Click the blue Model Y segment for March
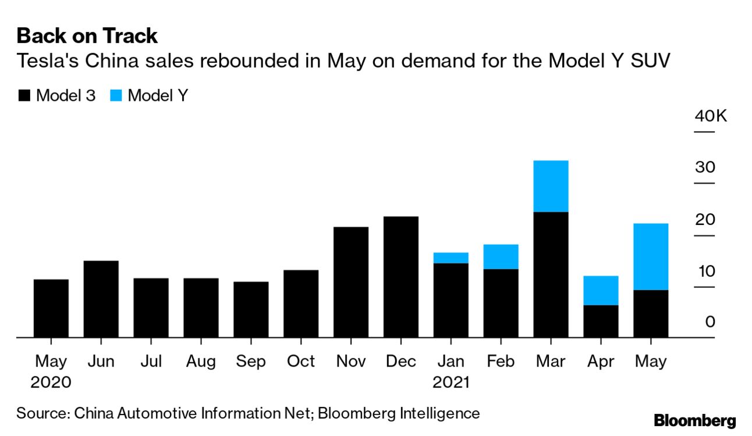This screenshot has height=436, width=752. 551,186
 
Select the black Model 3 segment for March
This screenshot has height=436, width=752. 551,274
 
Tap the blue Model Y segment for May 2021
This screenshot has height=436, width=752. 651,256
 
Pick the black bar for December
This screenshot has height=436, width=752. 401,277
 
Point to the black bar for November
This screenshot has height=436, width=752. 351,282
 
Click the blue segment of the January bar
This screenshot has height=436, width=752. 451,258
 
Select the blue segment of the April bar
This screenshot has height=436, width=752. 601,290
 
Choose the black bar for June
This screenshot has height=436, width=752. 101,299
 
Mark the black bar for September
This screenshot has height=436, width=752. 251,310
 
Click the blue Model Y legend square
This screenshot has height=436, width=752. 115,96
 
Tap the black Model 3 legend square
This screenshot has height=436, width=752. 24,96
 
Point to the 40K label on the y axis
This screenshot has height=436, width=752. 711,116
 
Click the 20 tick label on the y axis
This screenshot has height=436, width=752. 705,220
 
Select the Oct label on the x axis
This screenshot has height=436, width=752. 301,361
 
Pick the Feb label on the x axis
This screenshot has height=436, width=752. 501,361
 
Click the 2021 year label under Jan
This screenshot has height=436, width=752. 451,383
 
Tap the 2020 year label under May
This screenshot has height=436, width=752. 51,383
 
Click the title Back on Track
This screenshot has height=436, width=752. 87,36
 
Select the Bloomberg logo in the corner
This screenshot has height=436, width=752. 695,420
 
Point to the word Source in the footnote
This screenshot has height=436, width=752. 41,414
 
